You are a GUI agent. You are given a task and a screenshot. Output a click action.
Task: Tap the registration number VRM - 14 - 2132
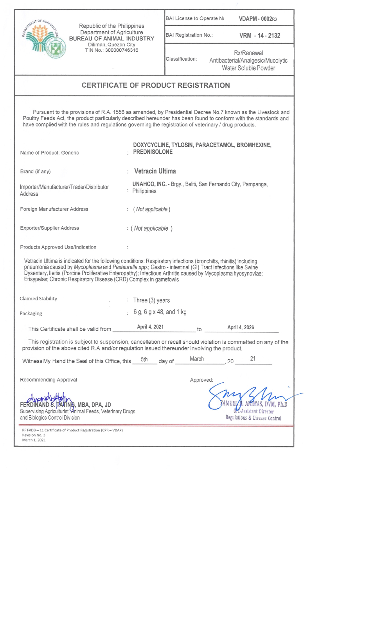(260, 36)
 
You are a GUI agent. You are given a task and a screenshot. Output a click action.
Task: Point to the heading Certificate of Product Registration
(155, 85)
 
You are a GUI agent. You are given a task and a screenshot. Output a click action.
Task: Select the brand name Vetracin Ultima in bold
(155, 171)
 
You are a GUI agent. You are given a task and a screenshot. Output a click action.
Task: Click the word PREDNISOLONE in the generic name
(153, 152)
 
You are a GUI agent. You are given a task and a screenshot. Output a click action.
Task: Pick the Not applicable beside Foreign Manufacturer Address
(151, 209)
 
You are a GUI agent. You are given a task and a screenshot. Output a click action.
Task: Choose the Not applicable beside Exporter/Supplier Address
(151, 229)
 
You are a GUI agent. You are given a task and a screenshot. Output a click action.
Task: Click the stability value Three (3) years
(151, 300)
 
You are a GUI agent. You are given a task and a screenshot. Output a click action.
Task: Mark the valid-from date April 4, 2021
(150, 327)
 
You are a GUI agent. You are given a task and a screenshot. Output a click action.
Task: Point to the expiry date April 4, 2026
(241, 327)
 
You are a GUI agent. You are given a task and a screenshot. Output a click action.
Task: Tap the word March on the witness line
(197, 359)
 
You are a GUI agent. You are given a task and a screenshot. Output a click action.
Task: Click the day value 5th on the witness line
(144, 359)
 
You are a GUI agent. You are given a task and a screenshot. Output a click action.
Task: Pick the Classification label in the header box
(181, 59)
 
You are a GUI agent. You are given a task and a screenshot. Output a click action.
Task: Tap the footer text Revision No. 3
(34, 435)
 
